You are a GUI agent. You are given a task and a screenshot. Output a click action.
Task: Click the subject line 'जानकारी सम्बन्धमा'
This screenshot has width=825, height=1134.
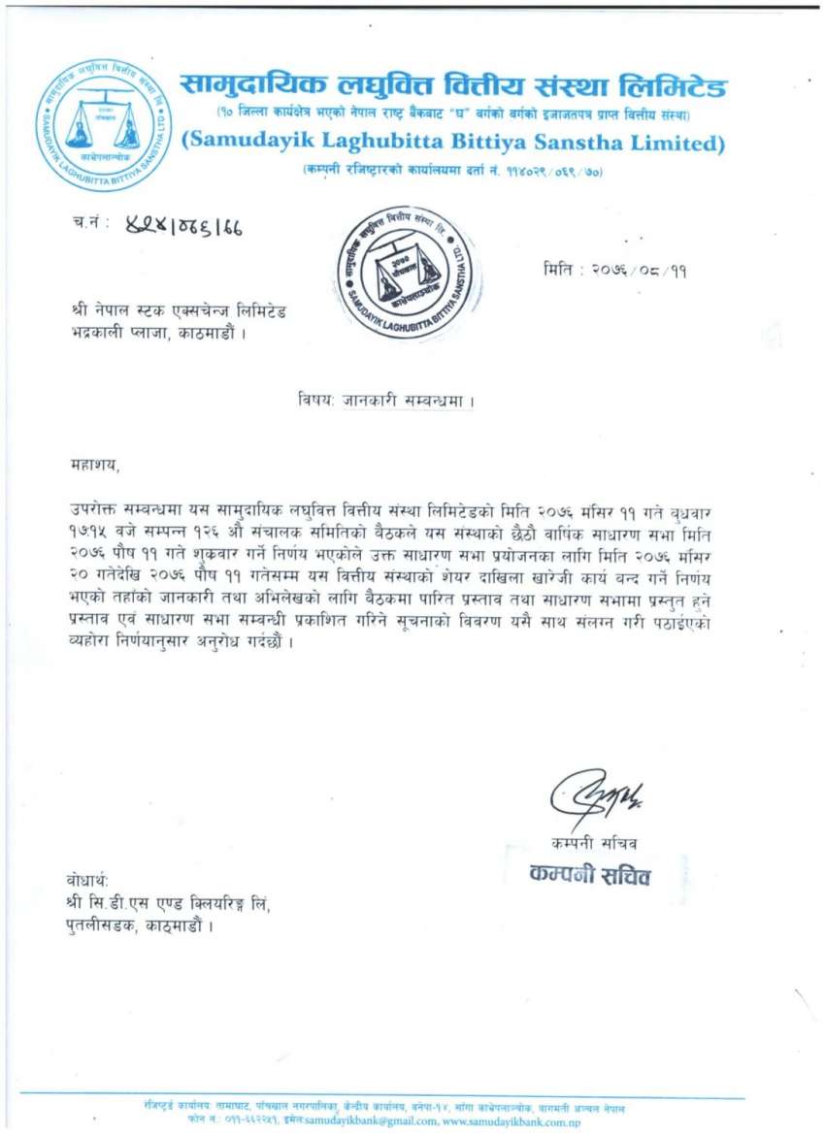(409, 400)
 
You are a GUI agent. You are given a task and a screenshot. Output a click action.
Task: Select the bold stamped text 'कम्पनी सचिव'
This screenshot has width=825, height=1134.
(590, 875)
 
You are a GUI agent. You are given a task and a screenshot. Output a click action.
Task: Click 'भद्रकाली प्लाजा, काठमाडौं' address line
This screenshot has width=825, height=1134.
(153, 335)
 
